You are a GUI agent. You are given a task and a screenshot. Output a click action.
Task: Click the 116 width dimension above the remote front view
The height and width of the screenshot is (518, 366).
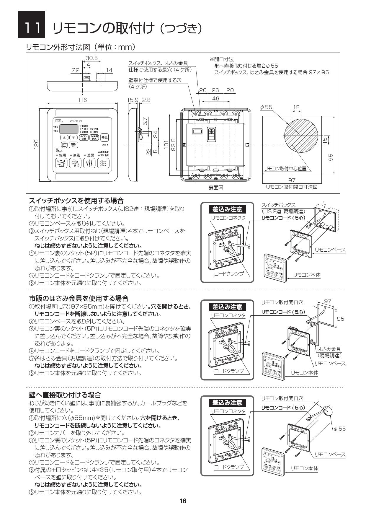click(x=82, y=100)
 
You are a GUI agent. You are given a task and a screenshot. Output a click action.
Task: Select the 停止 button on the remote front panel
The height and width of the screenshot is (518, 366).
click(x=104, y=137)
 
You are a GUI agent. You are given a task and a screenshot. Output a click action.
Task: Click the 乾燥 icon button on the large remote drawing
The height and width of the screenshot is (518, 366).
click(x=60, y=163)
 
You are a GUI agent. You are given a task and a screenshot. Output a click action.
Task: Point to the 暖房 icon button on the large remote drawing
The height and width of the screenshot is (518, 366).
click(x=89, y=163)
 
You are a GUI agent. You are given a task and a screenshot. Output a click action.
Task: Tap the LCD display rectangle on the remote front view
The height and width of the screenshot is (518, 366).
click(x=68, y=129)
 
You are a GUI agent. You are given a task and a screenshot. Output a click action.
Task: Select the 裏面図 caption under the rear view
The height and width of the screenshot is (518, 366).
click(x=216, y=188)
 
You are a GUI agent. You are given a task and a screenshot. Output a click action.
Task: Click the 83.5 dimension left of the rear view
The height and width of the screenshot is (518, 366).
click(x=174, y=145)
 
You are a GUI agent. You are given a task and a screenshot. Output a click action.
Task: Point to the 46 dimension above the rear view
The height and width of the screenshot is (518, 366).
click(x=216, y=99)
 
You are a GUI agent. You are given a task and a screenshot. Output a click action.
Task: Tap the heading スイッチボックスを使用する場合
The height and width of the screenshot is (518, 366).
click(x=76, y=201)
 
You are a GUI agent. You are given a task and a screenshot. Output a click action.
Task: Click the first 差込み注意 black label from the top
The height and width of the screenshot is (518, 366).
click(x=227, y=209)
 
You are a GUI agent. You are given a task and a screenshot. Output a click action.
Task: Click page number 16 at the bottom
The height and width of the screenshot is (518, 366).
click(x=183, y=501)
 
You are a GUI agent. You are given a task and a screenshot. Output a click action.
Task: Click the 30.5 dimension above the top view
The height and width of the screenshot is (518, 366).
click(x=91, y=58)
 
